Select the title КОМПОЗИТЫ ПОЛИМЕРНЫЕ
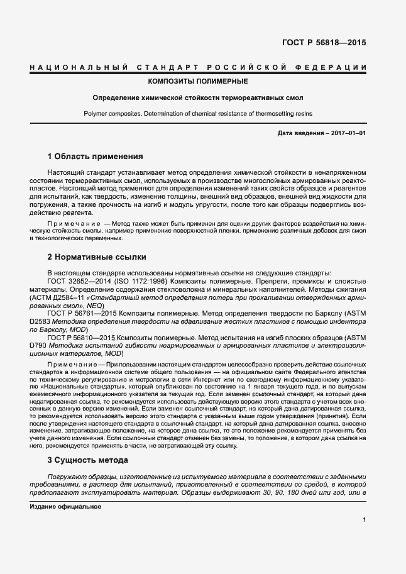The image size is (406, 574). (197, 82)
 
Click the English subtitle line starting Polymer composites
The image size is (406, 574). (197, 114)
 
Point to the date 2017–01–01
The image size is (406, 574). (348, 133)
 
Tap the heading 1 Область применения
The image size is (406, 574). (96, 156)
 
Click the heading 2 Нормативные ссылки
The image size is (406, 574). (97, 257)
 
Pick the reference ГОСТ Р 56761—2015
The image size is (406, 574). (80, 312)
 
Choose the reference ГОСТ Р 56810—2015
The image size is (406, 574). (80, 337)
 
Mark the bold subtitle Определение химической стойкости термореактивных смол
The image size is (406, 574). (197, 98)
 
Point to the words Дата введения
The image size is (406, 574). (299, 133)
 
